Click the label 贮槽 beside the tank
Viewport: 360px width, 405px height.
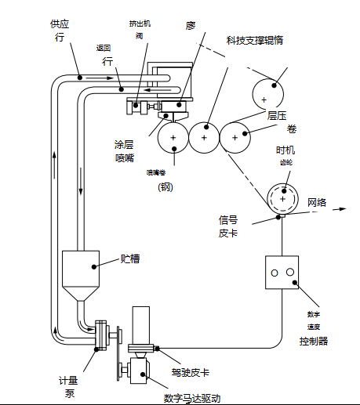point(130,258)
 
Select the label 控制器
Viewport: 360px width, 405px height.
point(314,341)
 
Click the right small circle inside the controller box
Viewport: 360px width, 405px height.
point(289,272)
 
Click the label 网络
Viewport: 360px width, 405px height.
point(317,201)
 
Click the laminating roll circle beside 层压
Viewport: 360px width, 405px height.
point(269,96)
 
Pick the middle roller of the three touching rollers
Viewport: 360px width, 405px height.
point(204,138)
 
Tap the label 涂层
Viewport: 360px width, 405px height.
point(125,145)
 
